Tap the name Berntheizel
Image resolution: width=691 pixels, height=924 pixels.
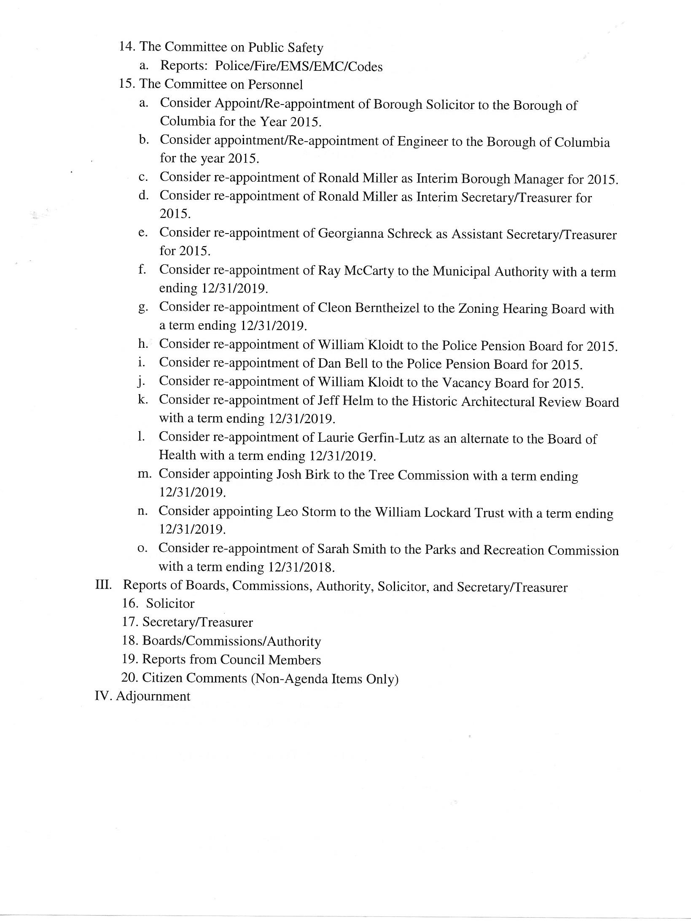click(x=387, y=309)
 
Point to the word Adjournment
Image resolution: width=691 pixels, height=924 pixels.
click(x=153, y=696)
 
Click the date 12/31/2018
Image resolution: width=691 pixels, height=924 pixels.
click(x=301, y=567)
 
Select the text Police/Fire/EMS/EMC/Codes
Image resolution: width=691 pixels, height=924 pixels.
click(x=298, y=67)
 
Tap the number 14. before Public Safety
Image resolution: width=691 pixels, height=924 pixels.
click(x=127, y=46)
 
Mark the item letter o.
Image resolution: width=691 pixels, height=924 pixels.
click(x=142, y=549)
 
